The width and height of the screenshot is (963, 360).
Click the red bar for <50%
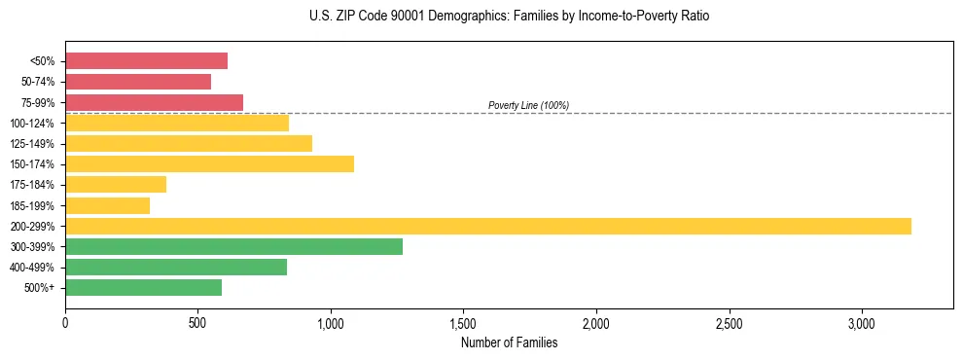click(x=146, y=61)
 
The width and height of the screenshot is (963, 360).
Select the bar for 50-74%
click(x=138, y=82)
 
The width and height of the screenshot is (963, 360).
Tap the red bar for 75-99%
click(x=154, y=102)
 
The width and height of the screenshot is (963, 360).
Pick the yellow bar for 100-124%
click(x=177, y=123)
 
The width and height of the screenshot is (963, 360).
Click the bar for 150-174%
click(x=209, y=163)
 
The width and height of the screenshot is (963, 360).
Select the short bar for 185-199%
click(x=107, y=205)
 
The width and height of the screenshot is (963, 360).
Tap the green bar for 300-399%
click(x=233, y=246)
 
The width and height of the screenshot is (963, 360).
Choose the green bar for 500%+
click(x=143, y=287)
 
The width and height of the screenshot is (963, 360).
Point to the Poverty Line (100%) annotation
click(x=528, y=105)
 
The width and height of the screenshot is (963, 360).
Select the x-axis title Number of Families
click(x=509, y=342)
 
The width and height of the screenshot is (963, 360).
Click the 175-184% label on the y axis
click(x=32, y=185)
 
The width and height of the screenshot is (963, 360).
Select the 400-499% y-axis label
click(x=32, y=268)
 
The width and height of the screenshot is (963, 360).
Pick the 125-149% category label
click(x=32, y=144)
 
